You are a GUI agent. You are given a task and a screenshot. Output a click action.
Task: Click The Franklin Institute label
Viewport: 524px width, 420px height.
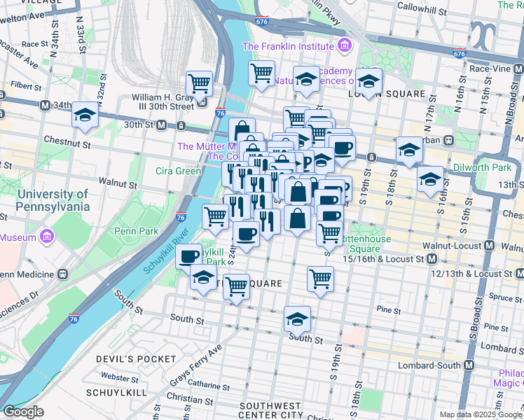(x=287, y=47)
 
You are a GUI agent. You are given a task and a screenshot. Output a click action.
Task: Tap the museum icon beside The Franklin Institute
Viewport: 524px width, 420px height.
(x=344, y=47)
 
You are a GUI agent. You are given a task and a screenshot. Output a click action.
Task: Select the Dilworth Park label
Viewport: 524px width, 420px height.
(x=490, y=168)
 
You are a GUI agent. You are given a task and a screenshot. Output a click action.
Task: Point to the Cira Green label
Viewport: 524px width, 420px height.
(x=179, y=171)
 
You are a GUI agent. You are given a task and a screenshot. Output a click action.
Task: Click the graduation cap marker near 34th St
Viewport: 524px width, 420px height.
(x=85, y=115)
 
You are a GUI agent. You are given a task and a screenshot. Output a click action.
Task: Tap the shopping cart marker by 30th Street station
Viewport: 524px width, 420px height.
(x=200, y=84)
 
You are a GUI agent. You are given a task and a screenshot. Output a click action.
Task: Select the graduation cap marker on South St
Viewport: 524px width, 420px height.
(x=297, y=319)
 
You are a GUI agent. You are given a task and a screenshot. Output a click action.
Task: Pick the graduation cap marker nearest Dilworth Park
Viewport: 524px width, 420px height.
(x=430, y=180)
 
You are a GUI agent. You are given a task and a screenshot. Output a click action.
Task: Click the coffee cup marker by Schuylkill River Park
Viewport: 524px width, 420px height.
(x=188, y=256)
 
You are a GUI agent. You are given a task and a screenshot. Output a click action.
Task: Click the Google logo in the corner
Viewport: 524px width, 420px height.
(x=22, y=412)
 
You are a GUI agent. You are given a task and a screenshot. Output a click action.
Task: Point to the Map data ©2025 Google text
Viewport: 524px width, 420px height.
(x=479, y=414)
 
